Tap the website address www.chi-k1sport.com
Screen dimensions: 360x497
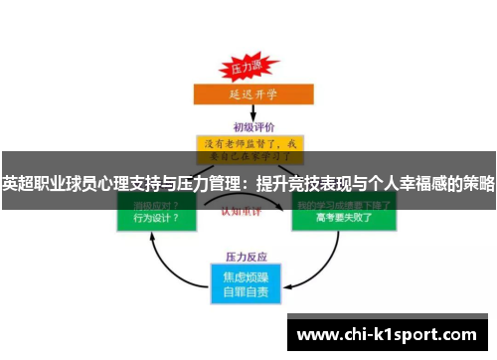387,333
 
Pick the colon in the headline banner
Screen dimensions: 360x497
247,184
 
